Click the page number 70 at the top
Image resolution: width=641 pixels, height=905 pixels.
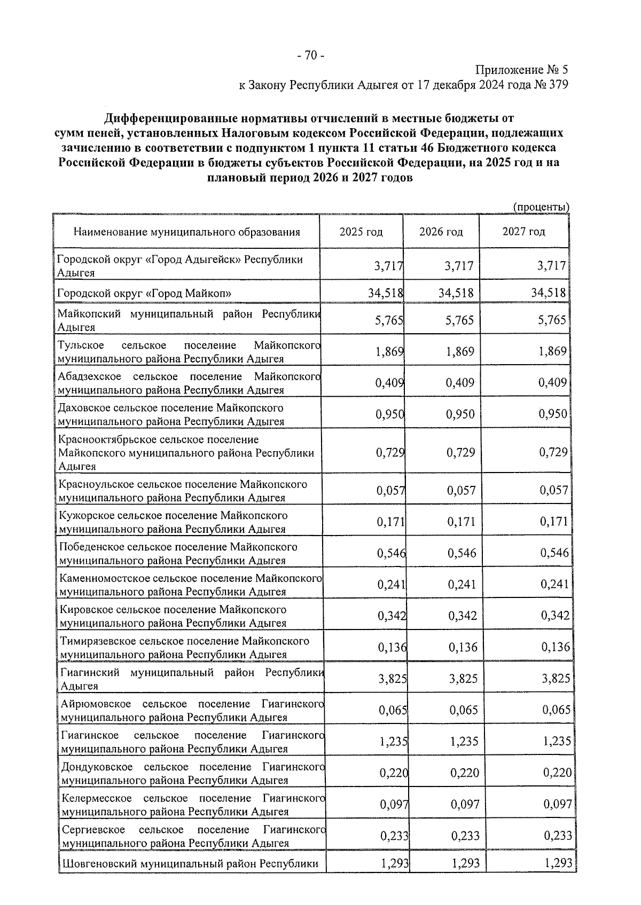pyautogui.click(x=310, y=55)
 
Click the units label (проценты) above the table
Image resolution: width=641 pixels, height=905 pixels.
pyautogui.click(x=541, y=207)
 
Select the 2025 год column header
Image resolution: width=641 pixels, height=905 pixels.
pyautogui.click(x=361, y=232)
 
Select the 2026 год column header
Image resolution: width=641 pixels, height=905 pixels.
pyautogui.click(x=441, y=232)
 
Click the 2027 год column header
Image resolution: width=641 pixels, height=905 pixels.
pyautogui.click(x=523, y=231)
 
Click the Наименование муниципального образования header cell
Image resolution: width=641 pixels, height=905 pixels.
pyautogui.click(x=186, y=232)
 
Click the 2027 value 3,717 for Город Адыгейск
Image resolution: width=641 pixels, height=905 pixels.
pyautogui.click(x=551, y=265)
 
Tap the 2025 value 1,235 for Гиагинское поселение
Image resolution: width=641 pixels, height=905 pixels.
pyautogui.click(x=393, y=741)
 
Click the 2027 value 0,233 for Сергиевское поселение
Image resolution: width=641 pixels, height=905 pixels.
pyautogui.click(x=558, y=836)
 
